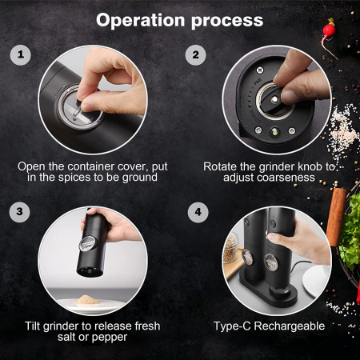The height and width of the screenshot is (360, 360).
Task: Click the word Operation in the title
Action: click(140, 21)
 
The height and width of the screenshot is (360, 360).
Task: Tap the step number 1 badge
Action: click(21, 55)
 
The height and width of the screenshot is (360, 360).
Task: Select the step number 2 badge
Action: click(196, 55)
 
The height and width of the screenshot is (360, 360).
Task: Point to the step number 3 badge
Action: click(19, 212)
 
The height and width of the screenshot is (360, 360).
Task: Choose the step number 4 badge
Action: click(198, 212)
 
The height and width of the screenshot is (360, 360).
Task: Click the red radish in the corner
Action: click(329, 30)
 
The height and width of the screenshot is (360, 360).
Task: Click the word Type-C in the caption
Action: click(232, 326)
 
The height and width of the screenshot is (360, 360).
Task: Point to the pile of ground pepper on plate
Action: click(87, 300)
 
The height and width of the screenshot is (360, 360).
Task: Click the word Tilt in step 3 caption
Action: click(33, 326)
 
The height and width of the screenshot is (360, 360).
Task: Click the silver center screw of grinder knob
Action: click(274, 100)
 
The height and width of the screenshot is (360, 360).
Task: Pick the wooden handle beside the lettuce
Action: click(337, 217)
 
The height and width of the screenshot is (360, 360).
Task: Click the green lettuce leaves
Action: click(350, 230)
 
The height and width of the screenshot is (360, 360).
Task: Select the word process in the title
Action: click(227, 22)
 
